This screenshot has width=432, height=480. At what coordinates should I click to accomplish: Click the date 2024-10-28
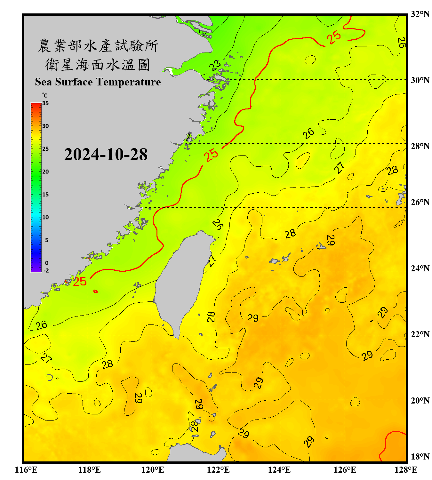[106, 155]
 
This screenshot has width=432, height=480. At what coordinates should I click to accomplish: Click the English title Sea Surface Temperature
[98, 82]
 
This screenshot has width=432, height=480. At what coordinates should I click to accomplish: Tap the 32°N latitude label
[420, 14]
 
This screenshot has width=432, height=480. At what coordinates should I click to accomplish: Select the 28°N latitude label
[420, 146]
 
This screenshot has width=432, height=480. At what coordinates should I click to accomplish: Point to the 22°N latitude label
[420, 334]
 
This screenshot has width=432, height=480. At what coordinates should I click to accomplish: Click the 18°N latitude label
[420, 457]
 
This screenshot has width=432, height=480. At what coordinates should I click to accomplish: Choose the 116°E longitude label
[26, 470]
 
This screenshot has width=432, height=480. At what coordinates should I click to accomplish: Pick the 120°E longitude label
[153, 470]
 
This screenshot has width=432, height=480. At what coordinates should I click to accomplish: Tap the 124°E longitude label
[279, 470]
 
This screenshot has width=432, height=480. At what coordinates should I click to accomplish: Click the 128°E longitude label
[406, 470]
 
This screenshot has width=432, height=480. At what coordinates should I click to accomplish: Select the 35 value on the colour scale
[45, 103]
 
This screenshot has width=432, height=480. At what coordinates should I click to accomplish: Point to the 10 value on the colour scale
[45, 217]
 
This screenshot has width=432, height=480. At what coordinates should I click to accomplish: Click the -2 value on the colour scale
[46, 271]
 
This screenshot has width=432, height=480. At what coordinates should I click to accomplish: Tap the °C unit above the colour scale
[45, 95]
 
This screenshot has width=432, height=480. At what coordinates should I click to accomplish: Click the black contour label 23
[215, 66]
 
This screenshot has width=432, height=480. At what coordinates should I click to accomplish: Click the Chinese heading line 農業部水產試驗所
[98, 46]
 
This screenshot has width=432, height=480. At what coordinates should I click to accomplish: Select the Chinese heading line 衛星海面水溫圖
[98, 65]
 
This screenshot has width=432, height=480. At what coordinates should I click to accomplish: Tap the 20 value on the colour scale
[45, 172]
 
